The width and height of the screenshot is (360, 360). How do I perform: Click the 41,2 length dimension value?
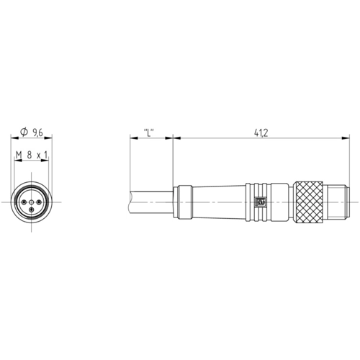[x=261, y=132]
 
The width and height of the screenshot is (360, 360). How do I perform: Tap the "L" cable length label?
[x=149, y=132]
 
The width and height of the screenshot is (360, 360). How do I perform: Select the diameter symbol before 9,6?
[x=24, y=132]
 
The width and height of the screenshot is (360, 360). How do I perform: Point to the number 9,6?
[x=37, y=132]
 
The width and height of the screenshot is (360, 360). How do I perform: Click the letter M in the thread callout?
[x=19, y=156]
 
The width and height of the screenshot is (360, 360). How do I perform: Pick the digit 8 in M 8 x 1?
[x=30, y=156]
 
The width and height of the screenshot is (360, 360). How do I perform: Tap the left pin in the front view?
[x=24, y=202]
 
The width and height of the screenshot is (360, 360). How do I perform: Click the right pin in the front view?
[x=39, y=202]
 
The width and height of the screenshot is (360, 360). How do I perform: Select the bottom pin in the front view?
[x=31, y=210]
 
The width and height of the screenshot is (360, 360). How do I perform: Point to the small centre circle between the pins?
[x=31, y=202]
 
